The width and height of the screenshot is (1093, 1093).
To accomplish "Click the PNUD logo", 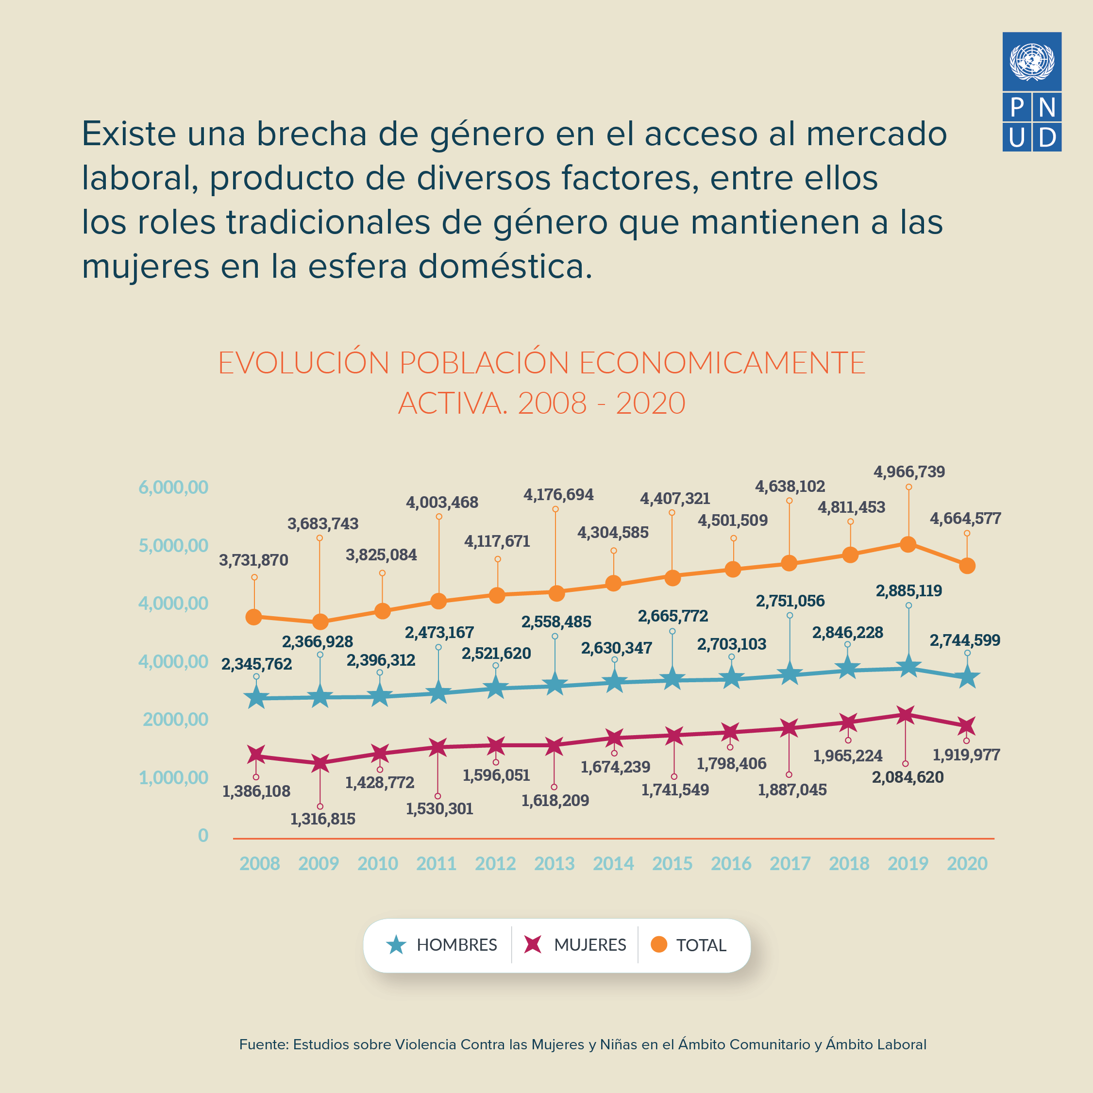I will [1031, 92].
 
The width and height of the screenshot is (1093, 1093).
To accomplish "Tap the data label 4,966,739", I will [909, 472].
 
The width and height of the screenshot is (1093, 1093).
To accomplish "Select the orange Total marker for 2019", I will [908, 544].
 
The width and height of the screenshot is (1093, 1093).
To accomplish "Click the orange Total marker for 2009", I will [320, 622].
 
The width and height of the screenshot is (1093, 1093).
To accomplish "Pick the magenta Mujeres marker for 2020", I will [967, 725].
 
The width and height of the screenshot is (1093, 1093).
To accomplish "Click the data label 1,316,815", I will [322, 819].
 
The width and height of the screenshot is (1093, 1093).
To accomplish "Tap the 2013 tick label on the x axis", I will [554, 863].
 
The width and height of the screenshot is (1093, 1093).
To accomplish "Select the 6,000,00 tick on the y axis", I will [173, 487].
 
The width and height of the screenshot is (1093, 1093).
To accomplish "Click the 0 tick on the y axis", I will [203, 835].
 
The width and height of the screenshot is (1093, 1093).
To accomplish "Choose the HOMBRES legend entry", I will [441, 945].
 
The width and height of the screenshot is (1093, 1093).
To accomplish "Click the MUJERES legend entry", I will [575, 945].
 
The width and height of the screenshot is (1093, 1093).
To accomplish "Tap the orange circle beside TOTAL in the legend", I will [658, 944].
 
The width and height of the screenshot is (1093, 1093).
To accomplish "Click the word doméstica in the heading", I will [504, 267].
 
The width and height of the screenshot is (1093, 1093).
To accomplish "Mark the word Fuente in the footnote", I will [263, 1044].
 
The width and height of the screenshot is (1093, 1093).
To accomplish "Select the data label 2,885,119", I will [908, 590].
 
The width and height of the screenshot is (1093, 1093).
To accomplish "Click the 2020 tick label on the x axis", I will [967, 863].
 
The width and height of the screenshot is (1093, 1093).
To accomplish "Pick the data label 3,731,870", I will [253, 560].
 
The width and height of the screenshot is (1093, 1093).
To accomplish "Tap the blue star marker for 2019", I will [908, 667].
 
